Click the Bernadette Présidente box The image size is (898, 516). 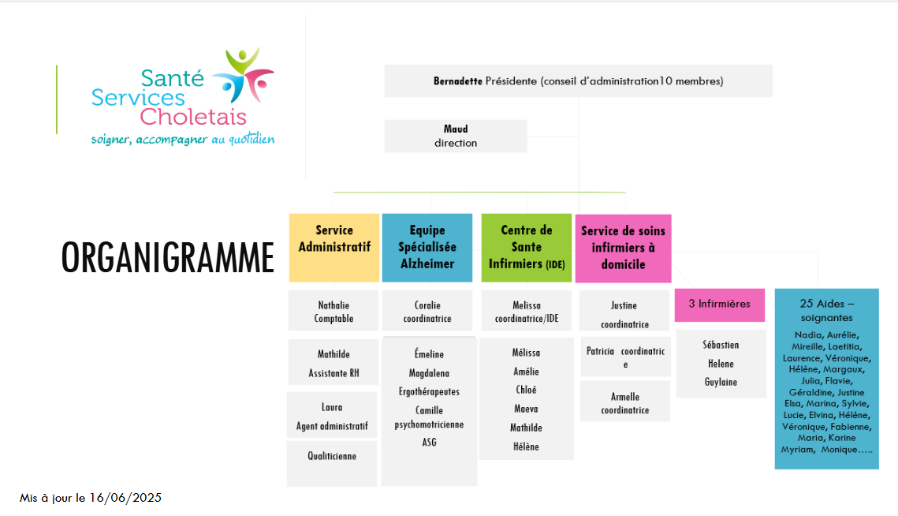[x=578, y=80]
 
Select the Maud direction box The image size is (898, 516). [x=456, y=136]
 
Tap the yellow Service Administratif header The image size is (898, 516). [x=334, y=247]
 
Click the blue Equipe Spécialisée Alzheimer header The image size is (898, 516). [x=427, y=247]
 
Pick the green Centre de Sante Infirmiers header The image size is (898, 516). [x=527, y=247]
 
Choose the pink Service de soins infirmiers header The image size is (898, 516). [x=623, y=248]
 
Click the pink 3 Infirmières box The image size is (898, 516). [x=720, y=305]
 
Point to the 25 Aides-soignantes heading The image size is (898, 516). [x=826, y=310]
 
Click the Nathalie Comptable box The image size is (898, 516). [x=333, y=312]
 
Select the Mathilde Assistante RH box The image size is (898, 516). [x=333, y=363]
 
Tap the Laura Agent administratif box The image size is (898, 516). [x=332, y=417]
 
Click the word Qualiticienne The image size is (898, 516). [x=332, y=456]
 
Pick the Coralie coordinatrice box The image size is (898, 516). [x=427, y=312]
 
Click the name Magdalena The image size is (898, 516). [x=429, y=372]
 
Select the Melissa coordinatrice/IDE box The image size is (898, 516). [x=526, y=312]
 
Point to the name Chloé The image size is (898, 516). [x=526, y=390]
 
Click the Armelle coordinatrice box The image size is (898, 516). [x=624, y=402]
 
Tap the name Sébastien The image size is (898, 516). [x=721, y=345]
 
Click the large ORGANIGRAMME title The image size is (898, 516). [x=168, y=257]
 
